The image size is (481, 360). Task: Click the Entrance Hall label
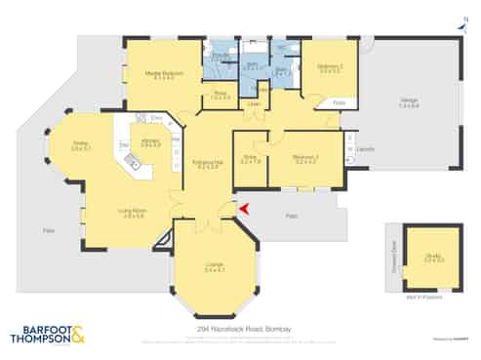[x=207, y=163]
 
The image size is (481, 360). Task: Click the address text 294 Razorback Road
[x=239, y=332]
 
